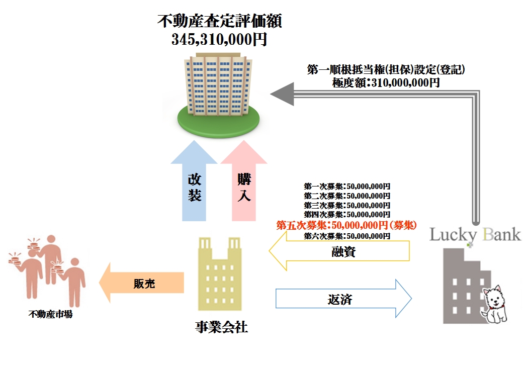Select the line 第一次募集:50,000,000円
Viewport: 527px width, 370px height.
[347, 186]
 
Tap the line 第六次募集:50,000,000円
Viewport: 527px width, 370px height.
[347, 235]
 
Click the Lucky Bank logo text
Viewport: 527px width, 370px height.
[475, 235]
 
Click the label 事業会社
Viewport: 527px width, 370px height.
[221, 328]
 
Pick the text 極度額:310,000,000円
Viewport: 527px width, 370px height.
[386, 82]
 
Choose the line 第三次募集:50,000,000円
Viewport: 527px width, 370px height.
[347, 205]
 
